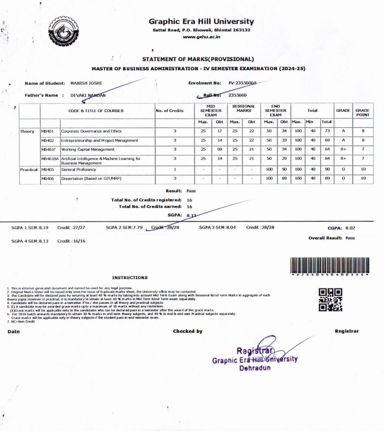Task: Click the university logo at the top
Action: pyautogui.click(x=64, y=31)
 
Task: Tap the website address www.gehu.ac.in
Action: pyautogui.click(x=201, y=37)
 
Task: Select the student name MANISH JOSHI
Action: pyautogui.click(x=86, y=83)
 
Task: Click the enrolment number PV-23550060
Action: pyautogui.click(x=242, y=83)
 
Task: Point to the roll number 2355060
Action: pyautogui.click(x=237, y=95)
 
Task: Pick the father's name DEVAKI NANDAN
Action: pyautogui.click(x=88, y=95)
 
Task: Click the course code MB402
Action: pyautogui.click(x=48, y=141)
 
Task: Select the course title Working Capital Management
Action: pyautogui.click(x=88, y=150)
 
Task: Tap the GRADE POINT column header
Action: pyautogui.click(x=362, y=112)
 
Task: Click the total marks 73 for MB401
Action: pyautogui.click(x=327, y=131)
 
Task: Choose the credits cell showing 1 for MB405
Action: pyautogui.click(x=175, y=169)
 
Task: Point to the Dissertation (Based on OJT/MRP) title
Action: pyautogui.click(x=91, y=178)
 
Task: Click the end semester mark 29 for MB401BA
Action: pyautogui.click(x=284, y=158)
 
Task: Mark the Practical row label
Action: pyautogui.click(x=29, y=169)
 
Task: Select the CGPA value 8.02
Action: pyautogui.click(x=350, y=228)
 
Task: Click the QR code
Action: pyautogui.click(x=330, y=300)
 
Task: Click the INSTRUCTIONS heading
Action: pyautogui.click(x=130, y=278)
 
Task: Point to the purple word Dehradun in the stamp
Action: pyautogui.click(x=255, y=368)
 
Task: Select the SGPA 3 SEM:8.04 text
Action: pyautogui.click(x=217, y=228)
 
